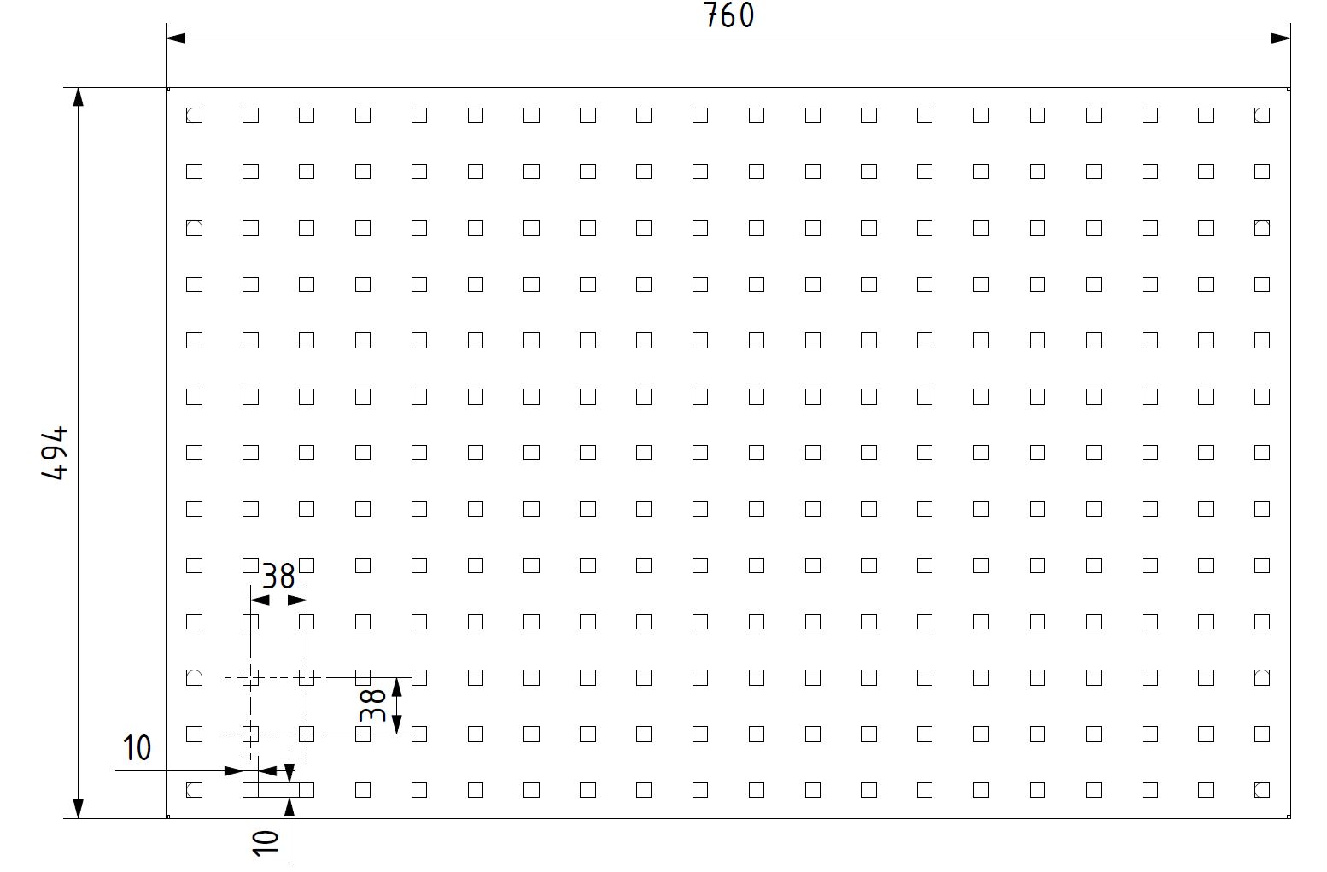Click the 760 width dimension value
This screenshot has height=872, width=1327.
click(x=729, y=15)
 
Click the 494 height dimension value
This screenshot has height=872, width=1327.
click(x=55, y=453)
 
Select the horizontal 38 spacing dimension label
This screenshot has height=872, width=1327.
click(x=278, y=576)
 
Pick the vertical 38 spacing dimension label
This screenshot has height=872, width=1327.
click(x=372, y=705)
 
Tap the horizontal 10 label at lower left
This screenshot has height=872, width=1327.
click(x=137, y=748)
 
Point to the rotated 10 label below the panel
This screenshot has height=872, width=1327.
click(x=266, y=843)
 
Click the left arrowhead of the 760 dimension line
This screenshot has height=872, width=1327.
click(x=176, y=38)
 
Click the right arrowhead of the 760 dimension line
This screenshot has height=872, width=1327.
click(x=1281, y=38)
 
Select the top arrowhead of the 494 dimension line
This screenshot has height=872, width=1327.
click(x=79, y=97)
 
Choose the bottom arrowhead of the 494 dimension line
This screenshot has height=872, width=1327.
click(x=79, y=809)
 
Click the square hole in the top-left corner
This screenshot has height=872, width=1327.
click(x=195, y=115)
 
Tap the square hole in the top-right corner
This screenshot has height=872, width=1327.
click(x=1262, y=115)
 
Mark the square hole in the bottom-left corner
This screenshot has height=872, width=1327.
click(x=195, y=790)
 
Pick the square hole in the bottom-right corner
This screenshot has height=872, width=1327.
click(x=1262, y=790)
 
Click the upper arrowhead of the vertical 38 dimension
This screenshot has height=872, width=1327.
click(x=398, y=688)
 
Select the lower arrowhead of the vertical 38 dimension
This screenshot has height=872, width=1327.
click(x=398, y=724)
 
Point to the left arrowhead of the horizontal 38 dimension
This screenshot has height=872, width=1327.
click(x=260, y=600)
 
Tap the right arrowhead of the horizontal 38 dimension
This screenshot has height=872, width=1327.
click(x=297, y=600)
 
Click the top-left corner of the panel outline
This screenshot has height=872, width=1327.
click(x=167, y=88)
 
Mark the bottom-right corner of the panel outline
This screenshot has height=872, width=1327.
click(x=1290, y=819)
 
